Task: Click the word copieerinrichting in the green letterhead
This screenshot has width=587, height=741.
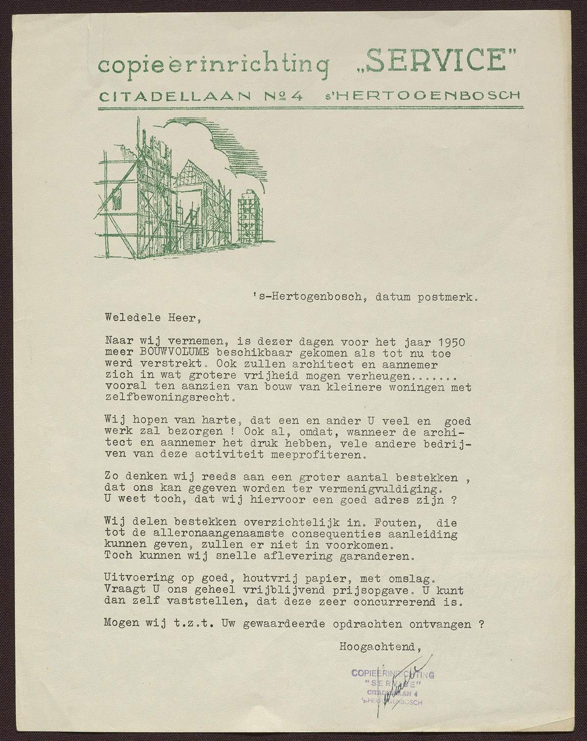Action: coord(212,66)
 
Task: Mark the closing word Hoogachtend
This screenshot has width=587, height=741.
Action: coord(380,647)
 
